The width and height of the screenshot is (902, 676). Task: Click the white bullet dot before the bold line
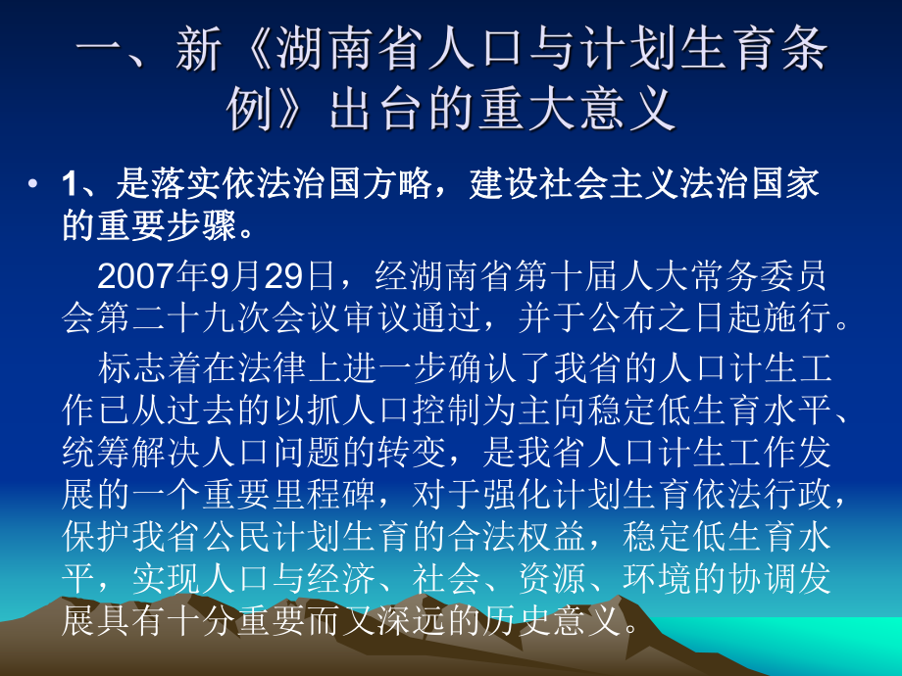click(34, 184)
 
